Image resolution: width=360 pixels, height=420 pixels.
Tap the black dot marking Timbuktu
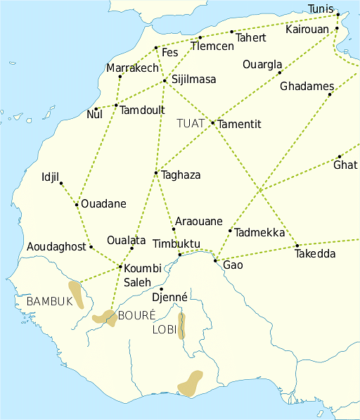click(180, 255)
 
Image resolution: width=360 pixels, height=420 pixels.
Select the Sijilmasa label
click(193, 79)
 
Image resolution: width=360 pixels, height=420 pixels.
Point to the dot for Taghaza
click(155, 173)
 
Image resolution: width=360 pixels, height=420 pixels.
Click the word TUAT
click(191, 123)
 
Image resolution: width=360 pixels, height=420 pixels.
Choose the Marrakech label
click(133, 68)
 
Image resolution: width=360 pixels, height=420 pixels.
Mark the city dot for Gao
click(215, 261)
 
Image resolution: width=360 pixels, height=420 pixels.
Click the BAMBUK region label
click(49, 301)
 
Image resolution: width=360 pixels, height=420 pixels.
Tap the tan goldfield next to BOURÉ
click(105, 318)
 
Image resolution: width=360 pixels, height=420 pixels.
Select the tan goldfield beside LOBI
click(181, 326)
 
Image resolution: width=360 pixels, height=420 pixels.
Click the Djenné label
click(169, 298)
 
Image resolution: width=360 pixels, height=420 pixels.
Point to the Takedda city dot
click(297, 246)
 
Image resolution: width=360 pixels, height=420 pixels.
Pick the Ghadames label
click(307, 87)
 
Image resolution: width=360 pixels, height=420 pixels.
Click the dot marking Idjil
click(61, 184)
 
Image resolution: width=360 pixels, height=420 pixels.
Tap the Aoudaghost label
click(56, 247)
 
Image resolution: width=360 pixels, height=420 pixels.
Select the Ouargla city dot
click(279, 72)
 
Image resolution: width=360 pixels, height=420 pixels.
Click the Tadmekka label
click(259, 233)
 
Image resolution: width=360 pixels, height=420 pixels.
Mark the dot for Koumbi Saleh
click(121, 267)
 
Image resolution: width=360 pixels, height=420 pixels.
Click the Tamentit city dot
click(212, 122)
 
